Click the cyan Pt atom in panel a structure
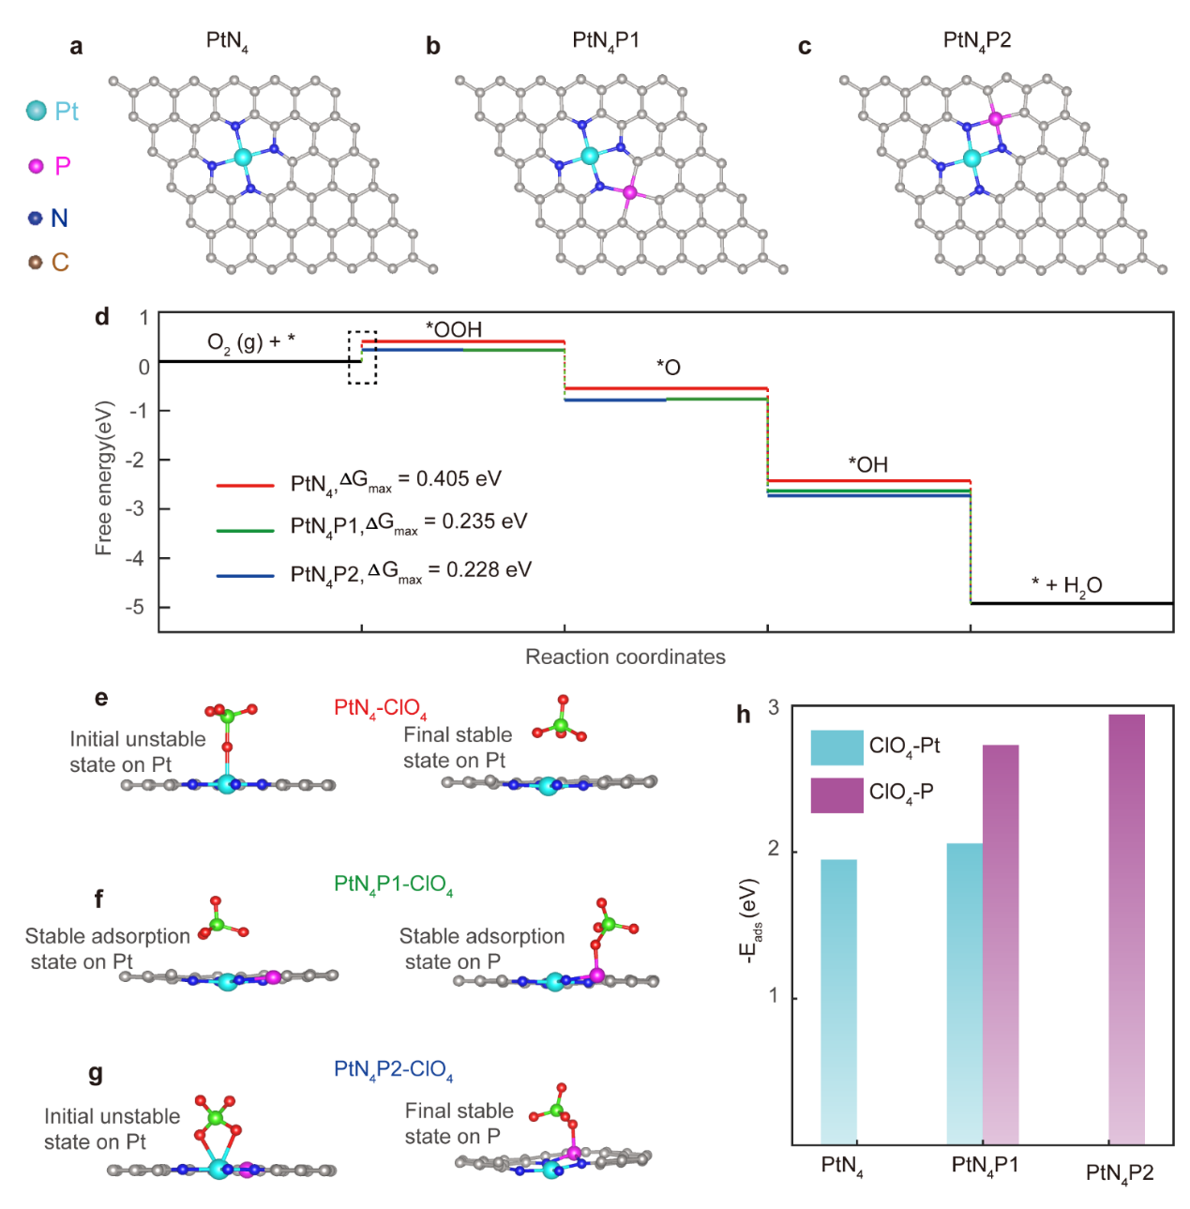point(243,157)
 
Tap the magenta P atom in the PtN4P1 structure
point(629,192)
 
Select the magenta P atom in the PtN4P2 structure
point(995,119)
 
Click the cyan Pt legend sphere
point(37,111)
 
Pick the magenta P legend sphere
point(37,166)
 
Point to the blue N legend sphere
point(36,219)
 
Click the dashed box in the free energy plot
point(362,357)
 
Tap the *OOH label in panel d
point(454,329)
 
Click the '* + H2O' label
point(1066,586)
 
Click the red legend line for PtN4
point(245,485)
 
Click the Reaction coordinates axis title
point(625,657)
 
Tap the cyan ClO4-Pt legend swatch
point(836,748)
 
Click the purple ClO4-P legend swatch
point(836,794)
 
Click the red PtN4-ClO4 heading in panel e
point(380,708)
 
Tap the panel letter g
point(95,1073)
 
